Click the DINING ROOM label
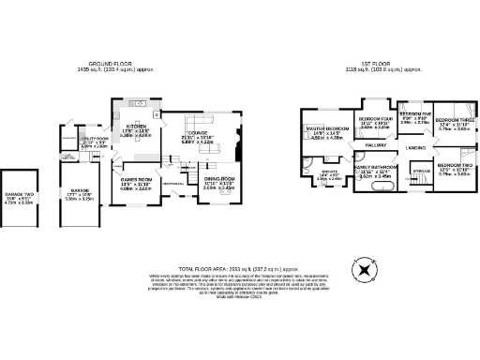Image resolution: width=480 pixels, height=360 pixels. (217, 179)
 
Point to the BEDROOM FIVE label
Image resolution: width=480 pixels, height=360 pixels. (414, 113)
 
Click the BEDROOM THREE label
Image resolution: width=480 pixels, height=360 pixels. (454, 120)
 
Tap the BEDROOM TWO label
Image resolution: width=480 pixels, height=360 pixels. (454, 165)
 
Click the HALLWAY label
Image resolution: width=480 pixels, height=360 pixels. (375, 145)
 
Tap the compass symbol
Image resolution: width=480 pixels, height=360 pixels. (362, 273)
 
